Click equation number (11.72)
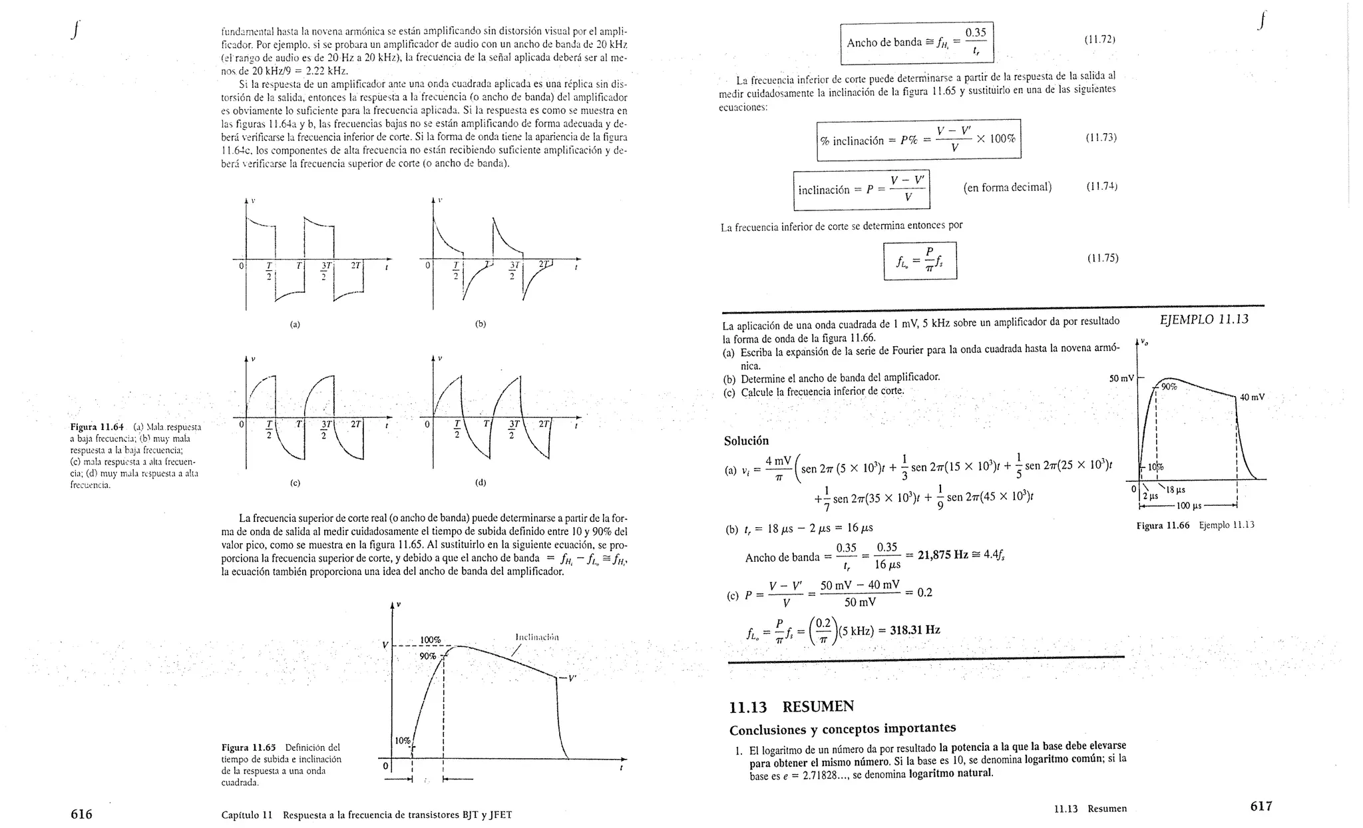(1099, 40)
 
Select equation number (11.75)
(1102, 258)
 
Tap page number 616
(81, 814)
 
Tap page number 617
(1261, 806)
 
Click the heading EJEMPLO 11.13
(1203, 319)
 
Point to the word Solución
(746, 441)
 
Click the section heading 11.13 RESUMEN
(791, 707)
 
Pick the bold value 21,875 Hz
(942, 555)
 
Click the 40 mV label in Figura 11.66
(1252, 397)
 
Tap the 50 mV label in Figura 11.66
(1121, 379)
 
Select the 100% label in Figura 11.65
(430, 640)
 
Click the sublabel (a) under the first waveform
(295, 325)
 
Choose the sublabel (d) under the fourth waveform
(481, 483)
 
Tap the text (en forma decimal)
(1007, 187)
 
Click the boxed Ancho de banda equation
(916, 43)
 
